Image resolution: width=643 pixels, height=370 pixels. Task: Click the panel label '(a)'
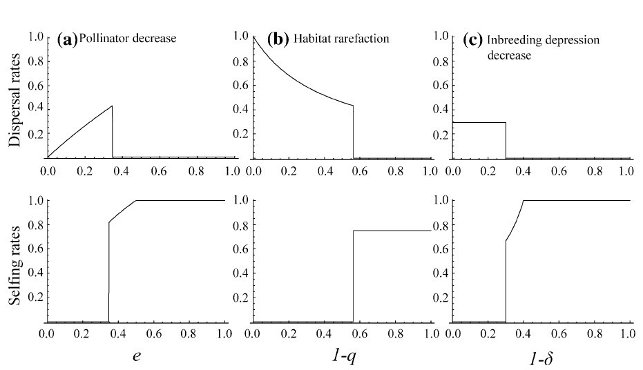68,39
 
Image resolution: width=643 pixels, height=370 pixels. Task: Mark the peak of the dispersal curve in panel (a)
111,106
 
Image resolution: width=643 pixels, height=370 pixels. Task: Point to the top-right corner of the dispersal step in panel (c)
506,123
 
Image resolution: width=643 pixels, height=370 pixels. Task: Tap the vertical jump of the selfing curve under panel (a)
108,273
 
